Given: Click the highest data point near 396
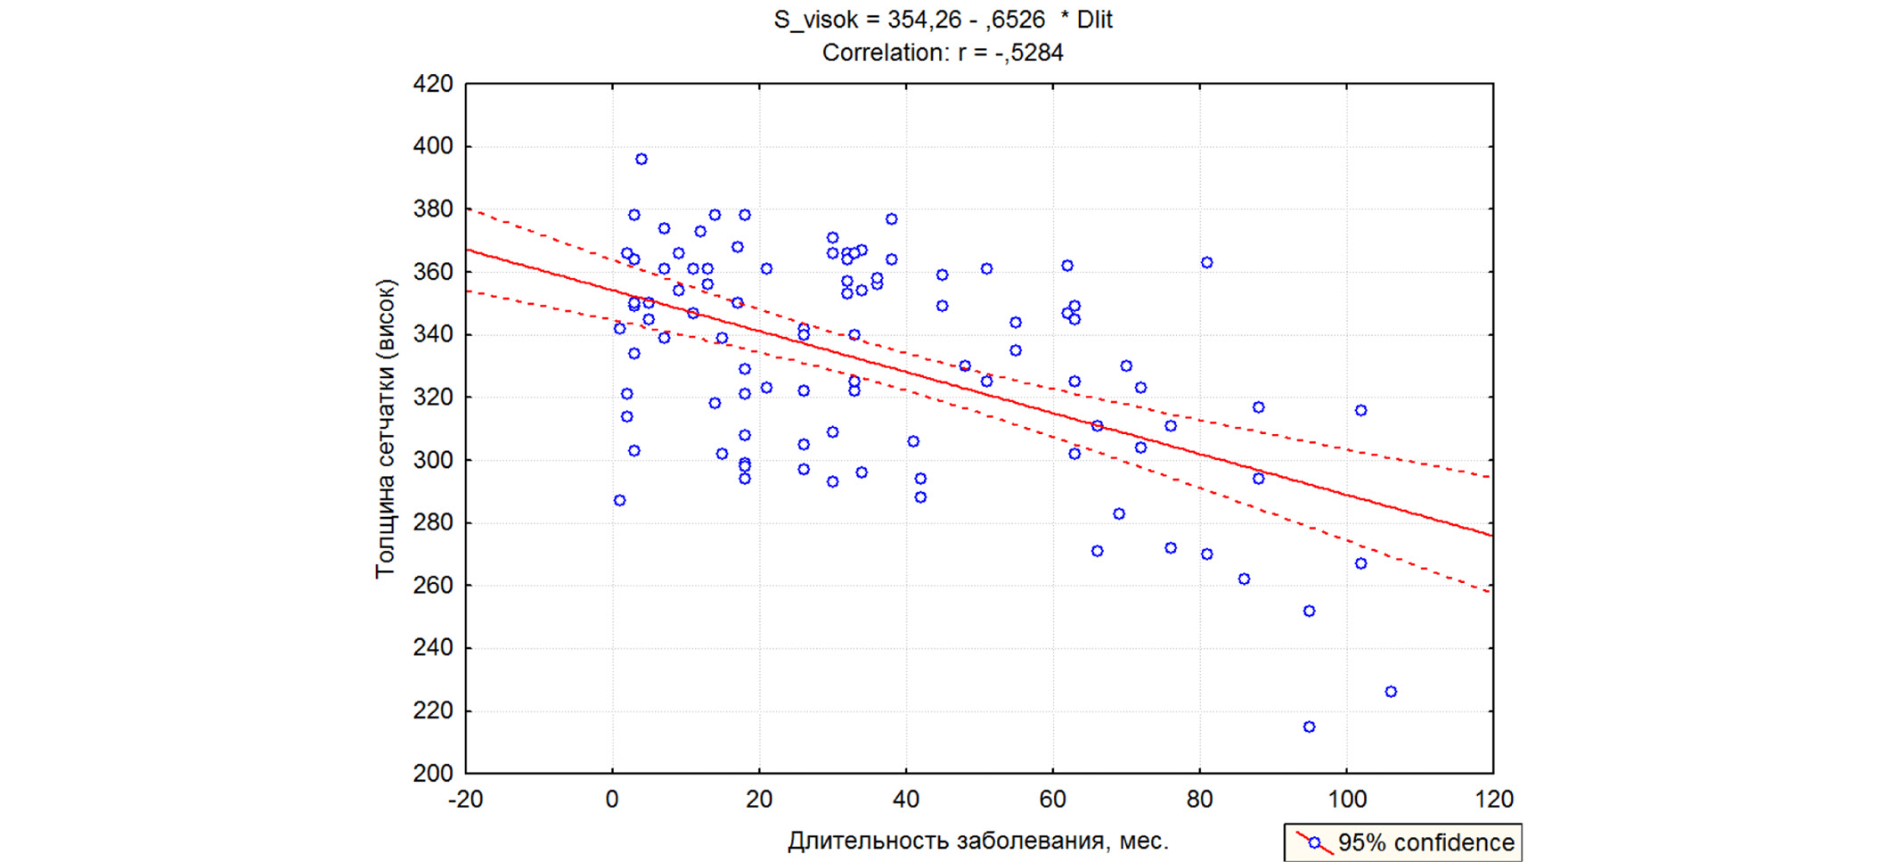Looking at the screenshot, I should (641, 160).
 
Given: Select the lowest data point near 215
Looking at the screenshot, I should (1309, 727).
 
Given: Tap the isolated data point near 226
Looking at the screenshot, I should (1391, 692).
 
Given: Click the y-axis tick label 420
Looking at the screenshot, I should (433, 85).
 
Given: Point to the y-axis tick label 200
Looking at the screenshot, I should (433, 774).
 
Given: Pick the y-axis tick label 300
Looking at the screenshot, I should (433, 460).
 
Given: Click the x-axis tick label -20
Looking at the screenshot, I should (465, 800).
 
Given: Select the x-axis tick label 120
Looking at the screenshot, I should (1493, 800).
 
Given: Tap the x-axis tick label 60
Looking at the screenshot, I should (1052, 800).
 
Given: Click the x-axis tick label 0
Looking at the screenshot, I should (612, 800).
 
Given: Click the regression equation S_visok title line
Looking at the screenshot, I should (943, 20).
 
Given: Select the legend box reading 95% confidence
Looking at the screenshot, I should (1403, 842).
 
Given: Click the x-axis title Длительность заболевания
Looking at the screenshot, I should (977, 841).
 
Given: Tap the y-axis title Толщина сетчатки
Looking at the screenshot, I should (385, 429).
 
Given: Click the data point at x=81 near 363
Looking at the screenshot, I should (1206, 263).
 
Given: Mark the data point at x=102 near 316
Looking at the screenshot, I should (1360, 411).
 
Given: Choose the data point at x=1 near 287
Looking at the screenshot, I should (619, 501).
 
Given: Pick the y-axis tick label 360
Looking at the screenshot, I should (433, 272).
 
